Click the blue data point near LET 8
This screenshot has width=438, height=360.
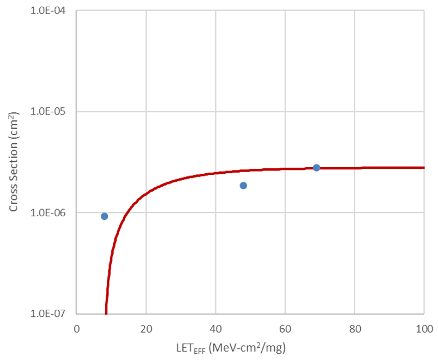tap(104, 216)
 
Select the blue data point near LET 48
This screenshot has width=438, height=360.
tap(243, 186)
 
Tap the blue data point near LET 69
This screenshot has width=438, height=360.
tap(317, 168)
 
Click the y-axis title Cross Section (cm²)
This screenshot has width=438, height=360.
tap(13, 162)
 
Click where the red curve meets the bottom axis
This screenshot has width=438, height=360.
tap(106, 312)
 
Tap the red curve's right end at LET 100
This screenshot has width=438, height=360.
tap(423, 167)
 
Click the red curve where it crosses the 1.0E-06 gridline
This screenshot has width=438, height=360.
tap(126, 212)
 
